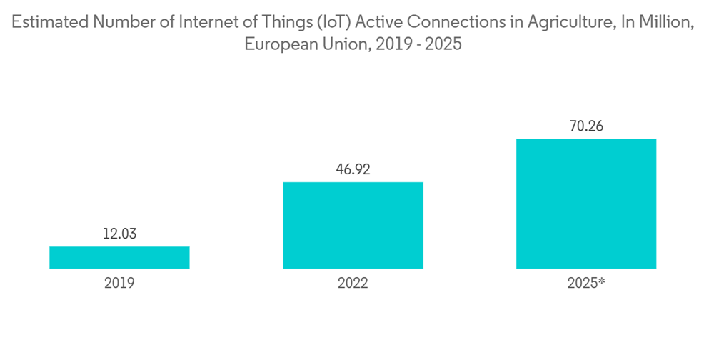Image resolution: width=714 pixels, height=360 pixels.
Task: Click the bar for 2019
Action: coord(119,258)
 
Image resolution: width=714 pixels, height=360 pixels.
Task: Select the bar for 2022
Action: coord(353,226)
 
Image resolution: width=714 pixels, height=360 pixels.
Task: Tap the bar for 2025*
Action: coord(586,204)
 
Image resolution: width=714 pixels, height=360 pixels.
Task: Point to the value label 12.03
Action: coord(119,234)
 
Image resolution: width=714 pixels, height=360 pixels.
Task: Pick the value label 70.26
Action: coord(586,126)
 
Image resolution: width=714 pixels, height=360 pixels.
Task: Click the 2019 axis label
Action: coord(119,283)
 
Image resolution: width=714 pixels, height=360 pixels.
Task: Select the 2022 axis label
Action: coord(353,283)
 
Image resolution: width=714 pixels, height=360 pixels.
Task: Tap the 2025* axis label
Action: coord(586,283)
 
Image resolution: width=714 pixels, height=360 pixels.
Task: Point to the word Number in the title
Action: coord(123,22)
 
